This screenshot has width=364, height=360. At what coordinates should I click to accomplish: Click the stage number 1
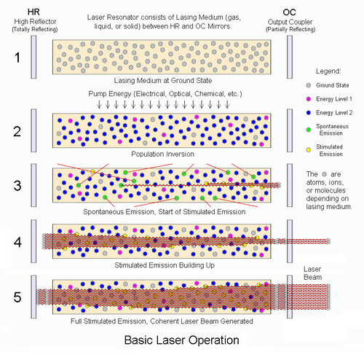pyautogui.click(x=17, y=58)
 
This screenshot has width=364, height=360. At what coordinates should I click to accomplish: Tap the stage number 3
pyautogui.click(x=17, y=186)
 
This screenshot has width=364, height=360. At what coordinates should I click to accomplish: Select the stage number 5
pyautogui.click(x=17, y=297)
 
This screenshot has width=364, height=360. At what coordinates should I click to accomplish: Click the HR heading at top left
pyautogui.click(x=33, y=12)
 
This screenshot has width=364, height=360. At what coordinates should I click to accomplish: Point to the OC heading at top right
pyautogui.click(x=289, y=12)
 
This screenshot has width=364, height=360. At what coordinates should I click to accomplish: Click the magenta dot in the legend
pyautogui.click(x=309, y=99)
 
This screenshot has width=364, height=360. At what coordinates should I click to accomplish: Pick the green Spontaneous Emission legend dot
pyautogui.click(x=309, y=130)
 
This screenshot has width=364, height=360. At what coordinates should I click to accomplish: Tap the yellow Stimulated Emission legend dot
pyautogui.click(x=309, y=150)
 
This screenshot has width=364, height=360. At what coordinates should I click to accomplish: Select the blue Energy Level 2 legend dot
pyautogui.click(x=309, y=113)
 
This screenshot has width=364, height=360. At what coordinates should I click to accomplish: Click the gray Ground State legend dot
pyautogui.click(x=309, y=85)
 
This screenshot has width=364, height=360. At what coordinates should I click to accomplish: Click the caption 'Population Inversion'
pyautogui.click(x=162, y=154)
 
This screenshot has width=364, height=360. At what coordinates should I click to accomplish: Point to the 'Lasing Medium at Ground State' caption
pyautogui.click(x=163, y=80)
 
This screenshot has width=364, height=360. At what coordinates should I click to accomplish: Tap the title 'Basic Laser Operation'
pyautogui.click(x=182, y=340)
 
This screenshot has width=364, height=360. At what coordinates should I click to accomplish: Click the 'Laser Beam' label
pyautogui.click(x=313, y=273)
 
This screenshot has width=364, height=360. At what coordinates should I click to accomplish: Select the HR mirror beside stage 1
pyautogui.click(x=33, y=57)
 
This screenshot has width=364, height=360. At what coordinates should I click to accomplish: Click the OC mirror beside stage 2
pyautogui.click(x=290, y=130)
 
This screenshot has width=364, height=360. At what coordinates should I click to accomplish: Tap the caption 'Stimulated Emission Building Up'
pyautogui.click(x=165, y=265)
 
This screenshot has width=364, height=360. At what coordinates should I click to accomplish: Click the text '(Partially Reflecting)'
pyautogui.click(x=290, y=29)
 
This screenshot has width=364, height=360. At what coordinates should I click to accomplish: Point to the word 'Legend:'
pyautogui.click(x=328, y=71)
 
